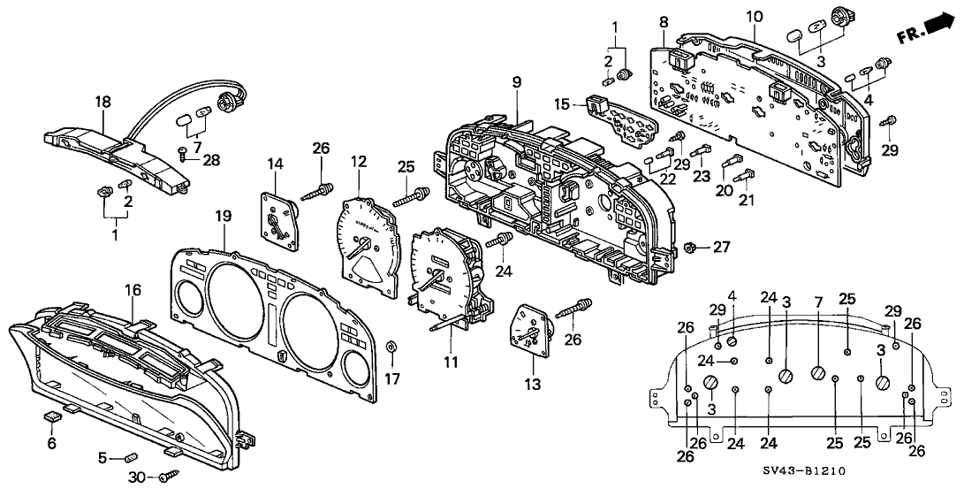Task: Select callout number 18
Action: tap(103, 103)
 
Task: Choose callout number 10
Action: tap(754, 17)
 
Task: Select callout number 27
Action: tap(722, 248)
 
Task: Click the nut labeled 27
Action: tap(694, 248)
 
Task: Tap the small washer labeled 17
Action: tap(391, 345)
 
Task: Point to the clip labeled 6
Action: tap(52, 416)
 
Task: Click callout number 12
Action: tap(358, 162)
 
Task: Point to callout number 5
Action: tap(102, 457)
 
